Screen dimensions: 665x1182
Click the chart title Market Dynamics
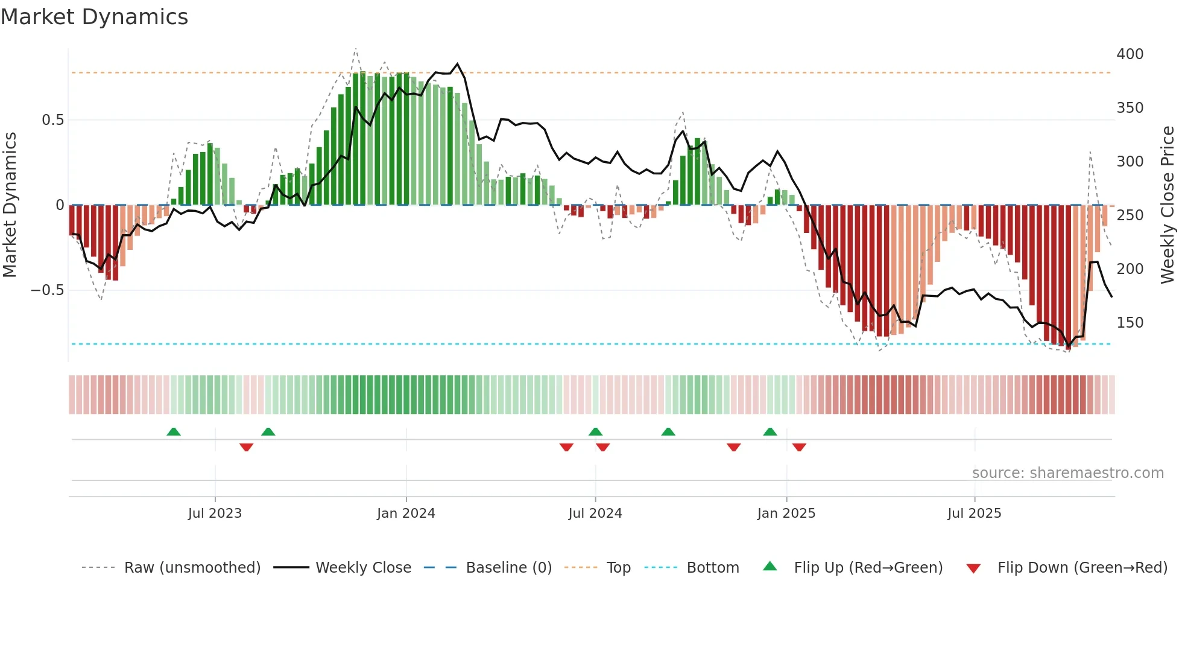pyautogui.click(x=94, y=17)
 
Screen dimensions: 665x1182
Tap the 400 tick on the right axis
pyautogui.click(x=1130, y=54)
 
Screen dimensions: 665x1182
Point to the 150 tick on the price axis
pyautogui.click(x=1130, y=323)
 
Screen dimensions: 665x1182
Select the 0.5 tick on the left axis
pyautogui.click(x=52, y=120)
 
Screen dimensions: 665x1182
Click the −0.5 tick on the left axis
pyautogui.click(x=47, y=290)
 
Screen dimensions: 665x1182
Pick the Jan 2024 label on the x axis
pyautogui.click(x=406, y=514)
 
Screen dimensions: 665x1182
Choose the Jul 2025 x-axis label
pyautogui.click(x=974, y=514)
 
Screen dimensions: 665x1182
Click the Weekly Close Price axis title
pyautogui.click(x=1168, y=205)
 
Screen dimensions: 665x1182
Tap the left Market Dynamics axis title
pyautogui.click(x=10, y=205)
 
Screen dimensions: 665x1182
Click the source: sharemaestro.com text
pyautogui.click(x=1067, y=473)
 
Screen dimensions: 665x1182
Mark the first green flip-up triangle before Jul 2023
pyautogui.click(x=174, y=431)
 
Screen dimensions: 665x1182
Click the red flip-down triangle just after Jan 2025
pyautogui.click(x=799, y=447)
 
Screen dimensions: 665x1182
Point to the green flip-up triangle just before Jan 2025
pyautogui.click(x=770, y=431)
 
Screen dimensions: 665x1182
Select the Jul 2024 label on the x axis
pyautogui.click(x=595, y=514)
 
